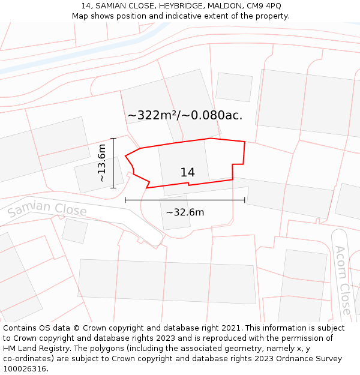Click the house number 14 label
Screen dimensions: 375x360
(x=187, y=173)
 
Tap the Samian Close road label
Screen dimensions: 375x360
(x=47, y=209)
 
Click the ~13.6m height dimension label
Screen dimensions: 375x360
(x=102, y=163)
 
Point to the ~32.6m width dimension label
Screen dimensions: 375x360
(x=185, y=212)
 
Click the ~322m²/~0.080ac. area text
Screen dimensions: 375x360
(x=185, y=115)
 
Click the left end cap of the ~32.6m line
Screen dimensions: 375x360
(x=125, y=200)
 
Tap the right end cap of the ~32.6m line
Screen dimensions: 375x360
(x=245, y=200)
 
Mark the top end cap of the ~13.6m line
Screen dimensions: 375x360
(x=113, y=139)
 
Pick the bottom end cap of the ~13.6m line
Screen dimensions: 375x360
(x=113, y=188)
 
